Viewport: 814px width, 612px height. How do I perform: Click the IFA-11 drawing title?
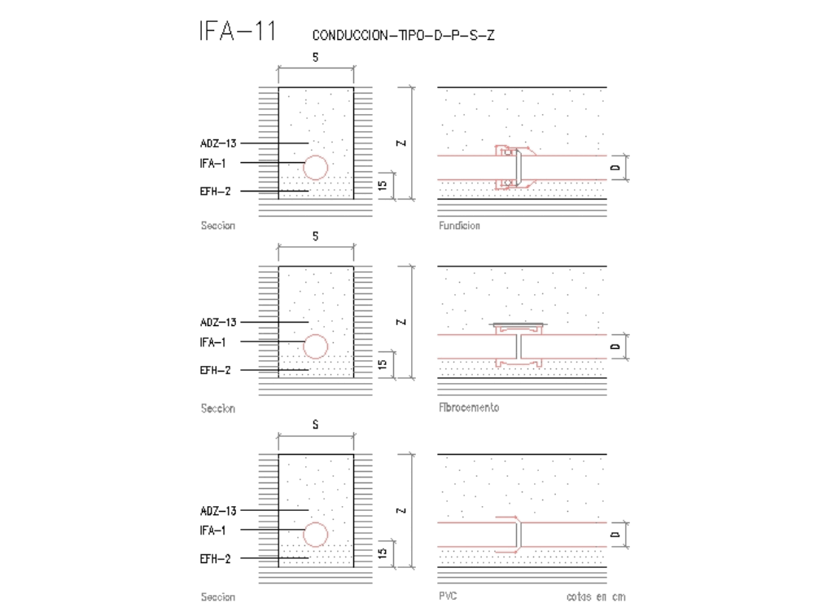237,32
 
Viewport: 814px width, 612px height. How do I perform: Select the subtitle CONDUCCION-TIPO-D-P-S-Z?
402,36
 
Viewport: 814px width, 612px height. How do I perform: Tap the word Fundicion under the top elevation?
459,226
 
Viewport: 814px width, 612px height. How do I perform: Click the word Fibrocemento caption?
468,407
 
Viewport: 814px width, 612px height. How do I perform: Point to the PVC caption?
447,597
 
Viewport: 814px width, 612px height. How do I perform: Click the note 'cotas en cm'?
596,597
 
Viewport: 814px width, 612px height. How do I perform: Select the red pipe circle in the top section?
316,167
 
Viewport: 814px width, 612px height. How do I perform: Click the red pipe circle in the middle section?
316,346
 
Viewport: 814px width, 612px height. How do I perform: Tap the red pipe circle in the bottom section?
316,535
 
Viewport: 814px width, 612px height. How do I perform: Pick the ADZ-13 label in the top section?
218,143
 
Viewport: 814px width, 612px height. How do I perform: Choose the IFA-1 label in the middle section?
212,342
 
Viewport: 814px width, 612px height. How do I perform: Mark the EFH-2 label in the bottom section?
216,559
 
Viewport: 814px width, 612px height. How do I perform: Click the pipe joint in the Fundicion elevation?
513,167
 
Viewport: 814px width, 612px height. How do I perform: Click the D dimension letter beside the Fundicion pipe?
616,168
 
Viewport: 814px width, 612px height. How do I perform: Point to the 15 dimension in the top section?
382,186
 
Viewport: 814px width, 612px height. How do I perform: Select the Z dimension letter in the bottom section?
400,511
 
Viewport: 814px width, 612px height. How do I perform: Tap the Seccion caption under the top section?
217,226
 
